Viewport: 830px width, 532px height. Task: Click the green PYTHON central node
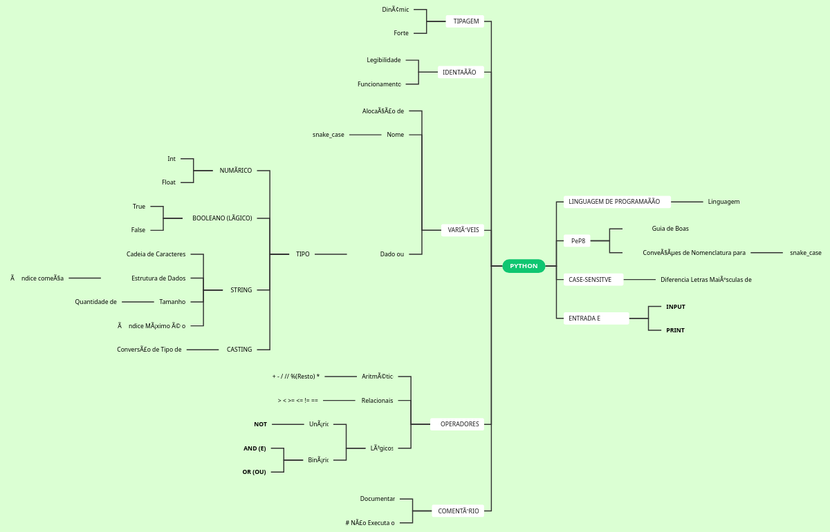pyautogui.click(x=524, y=266)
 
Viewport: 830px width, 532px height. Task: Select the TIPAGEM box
pyautogui.click(x=465, y=21)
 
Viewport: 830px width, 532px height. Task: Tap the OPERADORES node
pyautogui.click(x=459, y=424)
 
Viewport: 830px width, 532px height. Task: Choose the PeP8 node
pyautogui.click(x=578, y=241)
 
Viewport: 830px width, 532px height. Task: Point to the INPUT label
pyautogui.click(x=675, y=307)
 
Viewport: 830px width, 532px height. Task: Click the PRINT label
pyautogui.click(x=675, y=330)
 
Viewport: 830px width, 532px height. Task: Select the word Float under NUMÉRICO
pyautogui.click(x=169, y=182)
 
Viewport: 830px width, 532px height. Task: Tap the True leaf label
pyautogui.click(x=139, y=207)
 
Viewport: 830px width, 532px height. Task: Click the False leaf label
pyautogui.click(x=138, y=230)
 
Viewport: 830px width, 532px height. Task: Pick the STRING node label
pyautogui.click(x=241, y=290)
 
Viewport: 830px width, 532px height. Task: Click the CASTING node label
pyautogui.click(x=239, y=350)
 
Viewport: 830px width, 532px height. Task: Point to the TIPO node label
pyautogui.click(x=302, y=254)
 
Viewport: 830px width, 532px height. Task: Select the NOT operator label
pyautogui.click(x=260, y=424)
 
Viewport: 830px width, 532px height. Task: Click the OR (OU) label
pyautogui.click(x=254, y=472)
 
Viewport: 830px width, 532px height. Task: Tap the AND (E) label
pyautogui.click(x=255, y=448)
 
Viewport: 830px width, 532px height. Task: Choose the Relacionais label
pyautogui.click(x=377, y=401)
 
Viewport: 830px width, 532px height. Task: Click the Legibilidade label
pyautogui.click(x=383, y=60)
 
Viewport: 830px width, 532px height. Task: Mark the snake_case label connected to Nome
pyautogui.click(x=328, y=135)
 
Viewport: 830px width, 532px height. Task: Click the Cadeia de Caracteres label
pyautogui.click(x=156, y=254)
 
